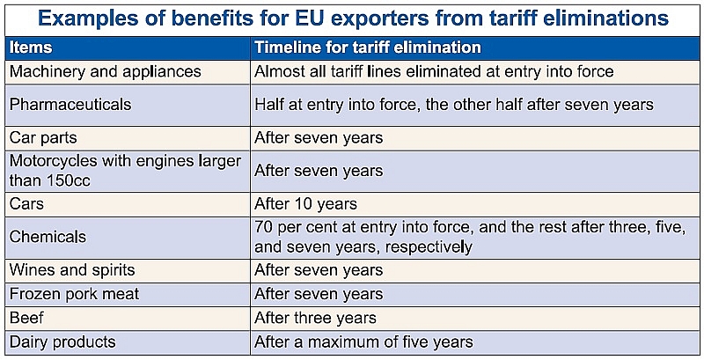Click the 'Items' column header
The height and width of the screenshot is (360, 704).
pyautogui.click(x=31, y=48)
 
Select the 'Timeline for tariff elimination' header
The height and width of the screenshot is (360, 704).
pyautogui.click(x=367, y=48)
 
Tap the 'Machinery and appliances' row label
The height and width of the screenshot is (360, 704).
pyautogui.click(x=106, y=71)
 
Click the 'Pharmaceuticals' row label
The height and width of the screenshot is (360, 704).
pyautogui.click(x=70, y=105)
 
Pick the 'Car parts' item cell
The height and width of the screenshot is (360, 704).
pyautogui.click(x=44, y=138)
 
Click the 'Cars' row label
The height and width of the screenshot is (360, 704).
pyautogui.click(x=27, y=204)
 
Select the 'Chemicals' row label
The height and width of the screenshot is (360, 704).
pyautogui.click(x=48, y=237)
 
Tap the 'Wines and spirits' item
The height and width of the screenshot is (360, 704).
pyautogui.click(x=72, y=270)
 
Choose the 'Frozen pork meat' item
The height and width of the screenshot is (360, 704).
pyautogui.click(x=75, y=294)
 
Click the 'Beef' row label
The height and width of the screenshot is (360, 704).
pyautogui.click(x=27, y=318)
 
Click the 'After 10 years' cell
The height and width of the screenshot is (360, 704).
pyautogui.click(x=305, y=204)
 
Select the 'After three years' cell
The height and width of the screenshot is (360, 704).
pyautogui.click(x=315, y=318)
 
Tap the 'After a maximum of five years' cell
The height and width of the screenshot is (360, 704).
pyautogui.click(x=363, y=342)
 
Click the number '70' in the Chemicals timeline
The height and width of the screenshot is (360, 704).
pyautogui.click(x=264, y=227)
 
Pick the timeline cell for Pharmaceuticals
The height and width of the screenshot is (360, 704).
pyautogui.click(x=454, y=105)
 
